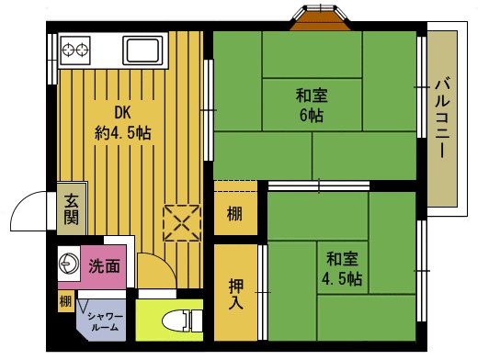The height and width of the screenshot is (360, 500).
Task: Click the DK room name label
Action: click(122, 113)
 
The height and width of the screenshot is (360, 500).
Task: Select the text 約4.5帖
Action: click(122, 132)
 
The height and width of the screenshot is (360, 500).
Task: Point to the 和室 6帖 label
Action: click(310, 105)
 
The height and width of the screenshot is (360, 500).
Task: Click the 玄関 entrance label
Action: click(71, 211)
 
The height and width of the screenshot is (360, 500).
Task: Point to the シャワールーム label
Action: click(101, 321)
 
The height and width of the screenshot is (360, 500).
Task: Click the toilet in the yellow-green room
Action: click(181, 321)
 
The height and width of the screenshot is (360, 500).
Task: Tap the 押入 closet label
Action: click(235, 294)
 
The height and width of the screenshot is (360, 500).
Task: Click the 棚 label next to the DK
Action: click(235, 217)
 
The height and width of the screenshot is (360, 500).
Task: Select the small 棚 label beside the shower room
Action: click(66, 301)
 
